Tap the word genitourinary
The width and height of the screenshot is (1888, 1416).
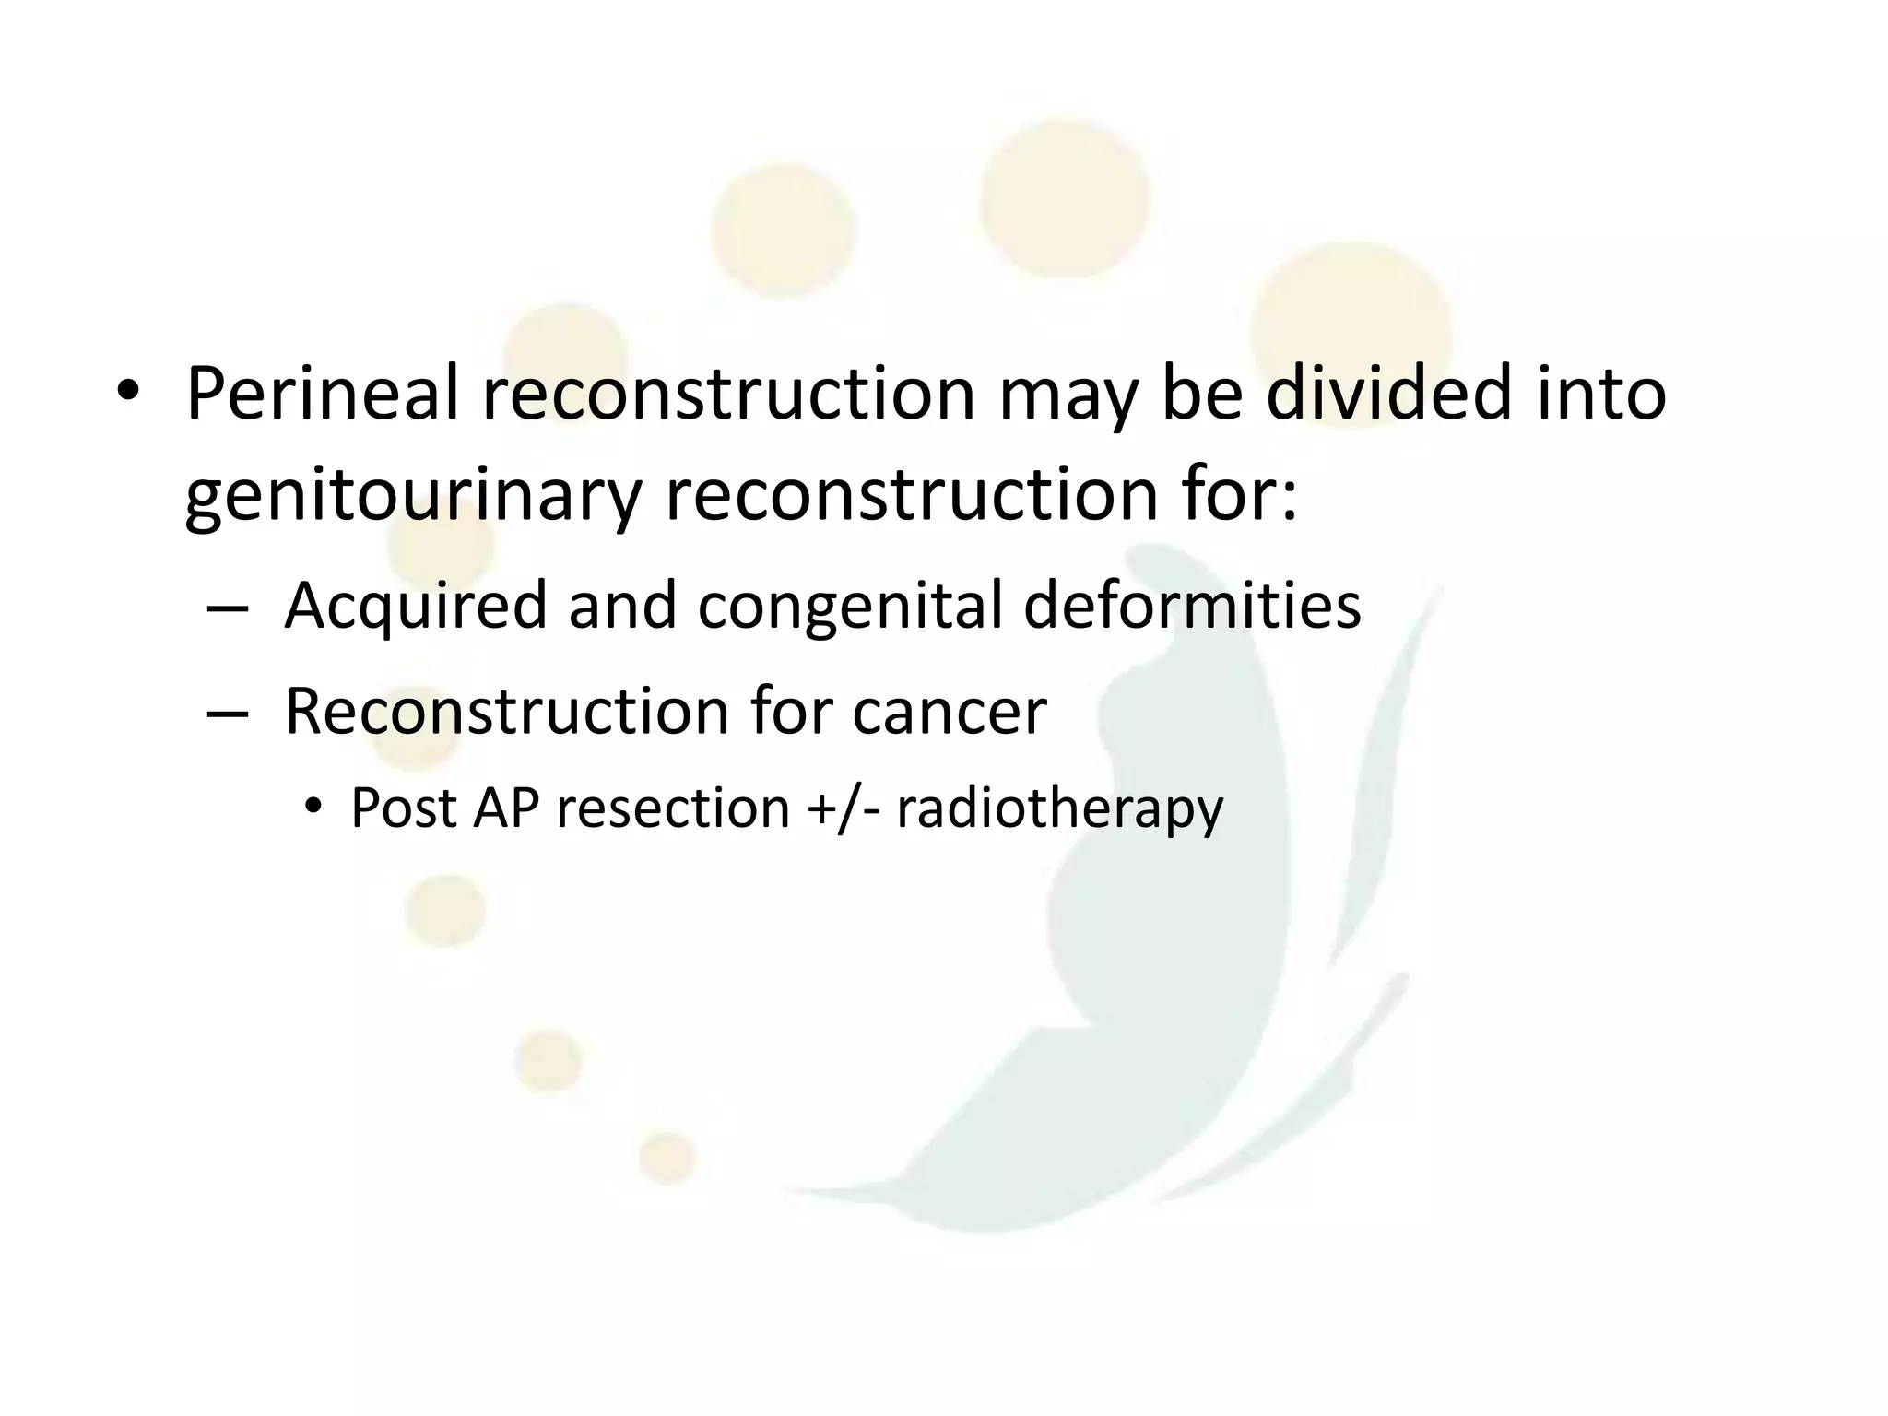(412, 496)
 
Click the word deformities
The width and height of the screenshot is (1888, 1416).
(1192, 607)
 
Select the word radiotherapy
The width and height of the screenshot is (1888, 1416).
(1059, 809)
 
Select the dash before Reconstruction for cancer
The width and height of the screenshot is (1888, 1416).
(228, 714)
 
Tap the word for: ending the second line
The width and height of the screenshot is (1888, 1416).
(1235, 496)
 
